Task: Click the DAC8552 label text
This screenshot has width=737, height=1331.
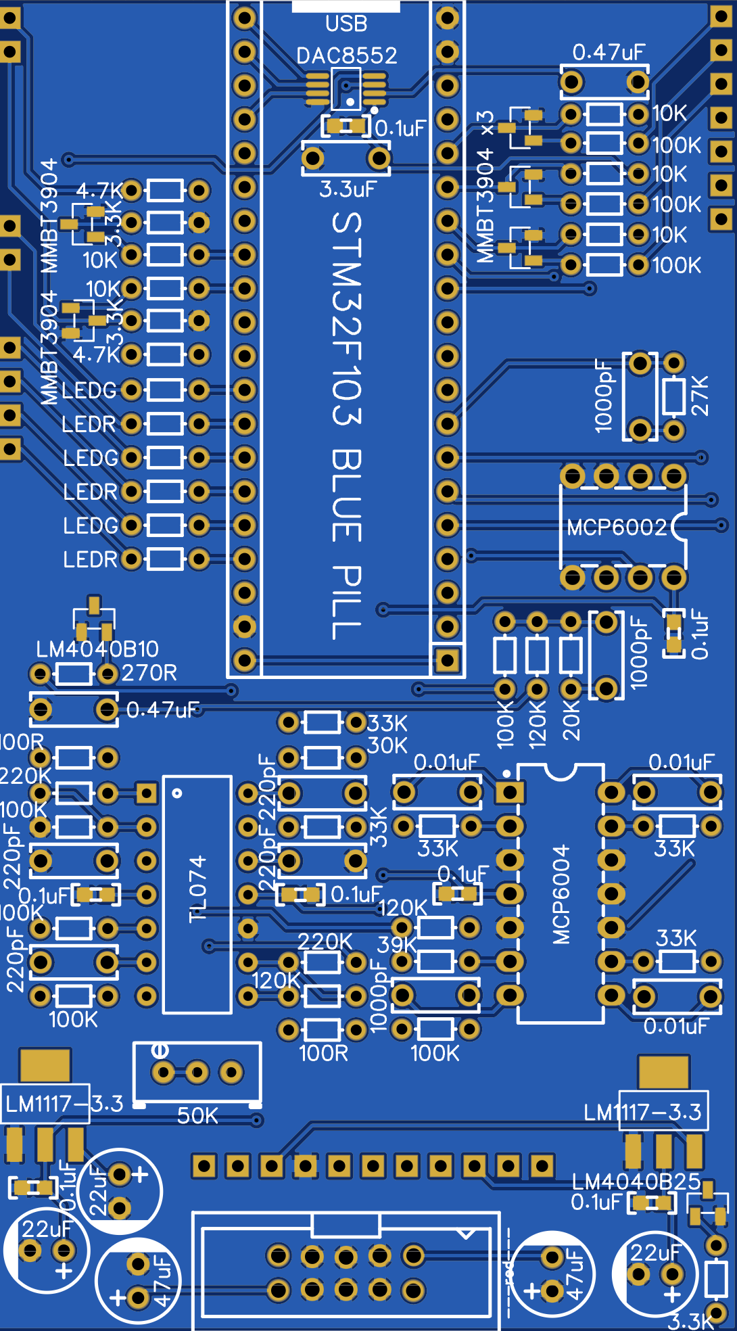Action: pyautogui.click(x=346, y=55)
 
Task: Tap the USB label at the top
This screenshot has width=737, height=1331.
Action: pyautogui.click(x=346, y=24)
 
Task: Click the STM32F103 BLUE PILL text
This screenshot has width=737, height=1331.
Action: pyautogui.click(x=348, y=426)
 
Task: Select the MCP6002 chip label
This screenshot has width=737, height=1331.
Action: pyautogui.click(x=617, y=528)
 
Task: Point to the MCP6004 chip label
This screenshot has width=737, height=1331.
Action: pyautogui.click(x=561, y=895)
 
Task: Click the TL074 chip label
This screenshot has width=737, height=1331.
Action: pyautogui.click(x=197, y=888)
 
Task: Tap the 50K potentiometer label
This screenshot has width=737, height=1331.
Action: pyautogui.click(x=197, y=1115)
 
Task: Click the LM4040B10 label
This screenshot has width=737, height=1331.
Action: pyautogui.click(x=97, y=649)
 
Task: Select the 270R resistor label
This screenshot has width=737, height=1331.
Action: pyautogui.click(x=149, y=673)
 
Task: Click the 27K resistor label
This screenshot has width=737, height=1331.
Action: pyautogui.click(x=700, y=396)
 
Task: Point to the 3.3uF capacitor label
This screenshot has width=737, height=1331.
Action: pyautogui.click(x=347, y=189)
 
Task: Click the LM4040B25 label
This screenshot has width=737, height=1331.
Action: pyautogui.click(x=636, y=1182)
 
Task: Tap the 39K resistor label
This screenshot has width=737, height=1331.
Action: pyautogui.click(x=397, y=945)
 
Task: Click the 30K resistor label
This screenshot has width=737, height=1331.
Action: pyautogui.click(x=387, y=745)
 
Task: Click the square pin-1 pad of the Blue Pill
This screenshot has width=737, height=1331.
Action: pyautogui.click(x=447, y=660)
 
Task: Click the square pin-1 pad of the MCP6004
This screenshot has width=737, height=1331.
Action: pyautogui.click(x=509, y=792)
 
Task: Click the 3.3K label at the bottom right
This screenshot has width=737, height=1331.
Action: pyautogui.click(x=690, y=1321)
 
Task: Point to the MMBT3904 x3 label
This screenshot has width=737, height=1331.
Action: pyautogui.click(x=485, y=186)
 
